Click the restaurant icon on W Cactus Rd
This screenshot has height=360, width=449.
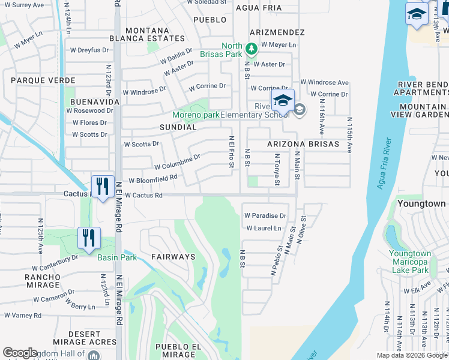pyautogui.click(x=103, y=186)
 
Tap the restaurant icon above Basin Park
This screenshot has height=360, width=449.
pyautogui.click(x=89, y=238)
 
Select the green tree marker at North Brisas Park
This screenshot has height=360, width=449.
pyautogui.click(x=252, y=48)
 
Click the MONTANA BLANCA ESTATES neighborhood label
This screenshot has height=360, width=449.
pyautogui.click(x=155, y=34)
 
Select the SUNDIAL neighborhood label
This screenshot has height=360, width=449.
pyautogui.click(x=178, y=127)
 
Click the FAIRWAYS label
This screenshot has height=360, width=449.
pyautogui.click(x=173, y=257)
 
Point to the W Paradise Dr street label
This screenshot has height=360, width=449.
pyautogui.click(x=265, y=215)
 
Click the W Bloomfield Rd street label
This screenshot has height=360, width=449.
pyautogui.click(x=153, y=179)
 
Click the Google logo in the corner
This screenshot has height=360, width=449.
pyautogui.click(x=20, y=353)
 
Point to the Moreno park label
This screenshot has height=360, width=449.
pyautogui.click(x=196, y=115)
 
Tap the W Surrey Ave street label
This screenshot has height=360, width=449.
pyautogui.click(x=23, y=5)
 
